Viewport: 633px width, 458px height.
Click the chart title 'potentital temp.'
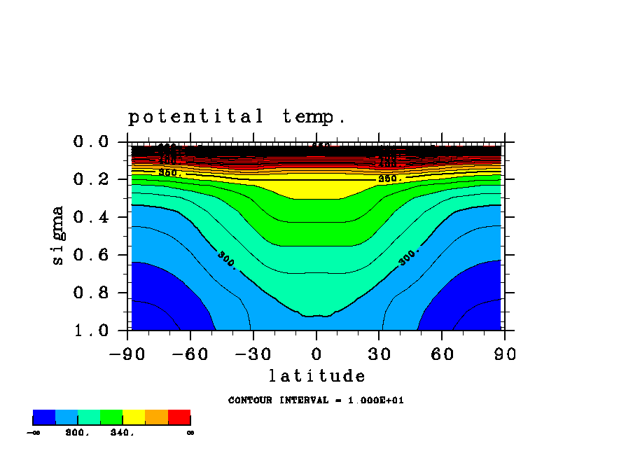click(237, 117)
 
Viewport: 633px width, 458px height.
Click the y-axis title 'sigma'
click(57, 235)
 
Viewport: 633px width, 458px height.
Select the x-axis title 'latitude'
click(316, 377)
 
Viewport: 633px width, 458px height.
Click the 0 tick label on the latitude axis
click(316, 354)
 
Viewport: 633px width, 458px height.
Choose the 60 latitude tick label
click(443, 354)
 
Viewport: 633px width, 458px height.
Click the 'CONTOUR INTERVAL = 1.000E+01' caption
click(316, 401)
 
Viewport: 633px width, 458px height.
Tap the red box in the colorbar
click(179, 417)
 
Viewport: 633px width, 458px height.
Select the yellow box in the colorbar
click(134, 417)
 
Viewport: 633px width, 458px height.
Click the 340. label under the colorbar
click(122, 433)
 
